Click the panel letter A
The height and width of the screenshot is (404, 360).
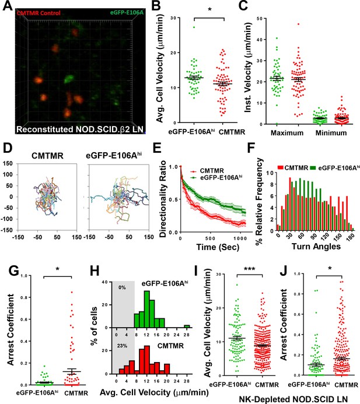7,5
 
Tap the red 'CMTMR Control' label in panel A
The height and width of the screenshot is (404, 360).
39,13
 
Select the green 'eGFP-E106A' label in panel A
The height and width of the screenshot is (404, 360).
127,12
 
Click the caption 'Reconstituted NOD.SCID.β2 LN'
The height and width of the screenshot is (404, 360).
80,129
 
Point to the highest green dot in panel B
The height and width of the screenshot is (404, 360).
194,27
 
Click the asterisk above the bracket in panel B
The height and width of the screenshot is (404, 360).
209,10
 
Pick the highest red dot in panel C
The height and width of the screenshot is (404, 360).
298,24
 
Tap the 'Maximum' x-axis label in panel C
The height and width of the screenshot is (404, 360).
287,133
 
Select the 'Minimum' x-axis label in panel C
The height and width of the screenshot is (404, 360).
331,133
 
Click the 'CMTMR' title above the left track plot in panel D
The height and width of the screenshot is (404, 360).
47,156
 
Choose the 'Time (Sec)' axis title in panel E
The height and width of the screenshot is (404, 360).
218,247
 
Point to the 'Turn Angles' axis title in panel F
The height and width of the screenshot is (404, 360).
316,247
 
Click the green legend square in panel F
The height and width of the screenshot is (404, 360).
313,168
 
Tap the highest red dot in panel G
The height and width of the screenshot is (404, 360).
72,292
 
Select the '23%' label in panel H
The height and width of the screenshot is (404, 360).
122,346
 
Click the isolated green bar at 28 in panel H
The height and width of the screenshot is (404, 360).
187,326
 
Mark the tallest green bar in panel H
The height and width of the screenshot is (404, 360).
146,309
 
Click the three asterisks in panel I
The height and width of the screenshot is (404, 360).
249,269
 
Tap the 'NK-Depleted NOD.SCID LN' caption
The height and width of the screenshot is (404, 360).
293,399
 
